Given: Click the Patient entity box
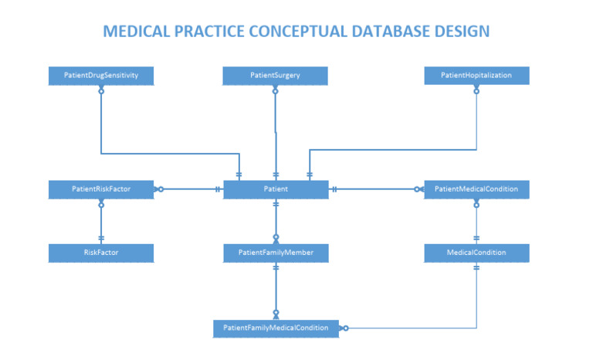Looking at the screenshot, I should coord(276,189).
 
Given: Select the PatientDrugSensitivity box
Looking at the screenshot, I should coord(100,76).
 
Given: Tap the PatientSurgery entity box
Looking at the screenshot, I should coord(276,76).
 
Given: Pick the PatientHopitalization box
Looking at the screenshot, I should coord(476,76).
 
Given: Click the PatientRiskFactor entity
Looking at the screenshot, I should coord(100,189).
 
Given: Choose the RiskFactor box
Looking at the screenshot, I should coord(100,253).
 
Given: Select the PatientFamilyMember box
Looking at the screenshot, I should coord(276,253).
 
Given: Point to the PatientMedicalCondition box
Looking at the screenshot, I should coord(476,189).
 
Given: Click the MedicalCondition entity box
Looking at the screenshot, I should coord(476,253).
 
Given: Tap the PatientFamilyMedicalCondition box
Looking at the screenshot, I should coord(276,328).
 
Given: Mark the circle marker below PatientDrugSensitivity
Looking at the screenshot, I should coord(101,90).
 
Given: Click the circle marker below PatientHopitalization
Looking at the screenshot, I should coord(476,90).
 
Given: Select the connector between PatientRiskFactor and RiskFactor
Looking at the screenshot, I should coord(101,222).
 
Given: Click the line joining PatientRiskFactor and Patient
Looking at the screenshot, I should coord(189,189).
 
